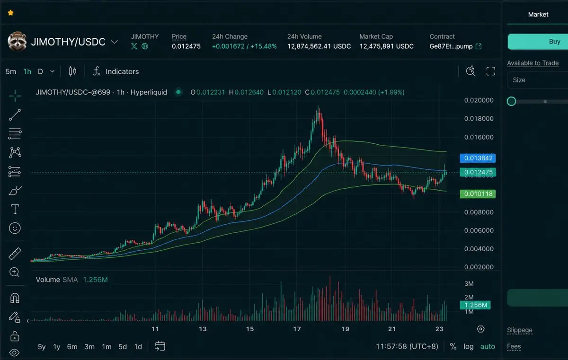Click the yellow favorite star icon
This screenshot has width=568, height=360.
coord(10,13)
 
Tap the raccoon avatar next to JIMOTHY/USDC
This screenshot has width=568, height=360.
coord(17,41)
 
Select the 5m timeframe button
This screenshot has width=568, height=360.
coord(10,71)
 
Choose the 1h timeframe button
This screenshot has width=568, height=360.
coord(27,71)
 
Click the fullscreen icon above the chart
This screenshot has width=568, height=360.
coord(491,71)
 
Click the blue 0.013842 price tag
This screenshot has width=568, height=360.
coord(478,158)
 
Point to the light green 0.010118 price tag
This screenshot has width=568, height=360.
coord(478,194)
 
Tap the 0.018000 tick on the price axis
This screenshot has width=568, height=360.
coord(479,119)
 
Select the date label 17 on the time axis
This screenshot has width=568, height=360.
coord(297,329)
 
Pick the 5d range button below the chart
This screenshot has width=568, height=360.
coord(123,346)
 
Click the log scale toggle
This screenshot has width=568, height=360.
coord(468,346)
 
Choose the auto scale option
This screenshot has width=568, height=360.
coord(488,346)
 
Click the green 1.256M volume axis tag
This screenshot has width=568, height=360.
coord(475,305)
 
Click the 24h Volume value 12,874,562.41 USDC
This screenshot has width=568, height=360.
coord(319,46)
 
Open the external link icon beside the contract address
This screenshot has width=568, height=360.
coord(479,46)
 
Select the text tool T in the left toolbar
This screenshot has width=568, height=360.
coord(15,209)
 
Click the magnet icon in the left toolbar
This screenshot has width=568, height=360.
coord(15,298)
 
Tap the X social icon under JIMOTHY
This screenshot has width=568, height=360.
coord(134,46)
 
